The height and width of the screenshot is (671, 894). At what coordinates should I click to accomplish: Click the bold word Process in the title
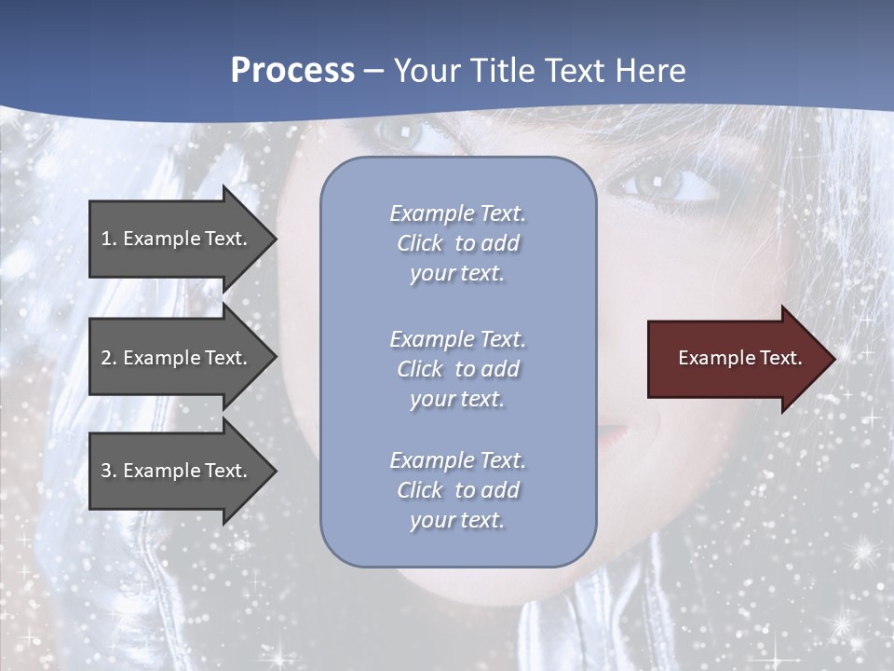[x=292, y=71]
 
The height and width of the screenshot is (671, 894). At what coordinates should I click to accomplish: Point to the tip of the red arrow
[x=833, y=358]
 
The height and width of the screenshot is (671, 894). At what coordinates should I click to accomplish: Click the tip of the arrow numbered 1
[x=275, y=239]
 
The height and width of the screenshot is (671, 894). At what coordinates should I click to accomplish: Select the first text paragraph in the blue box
[x=457, y=243]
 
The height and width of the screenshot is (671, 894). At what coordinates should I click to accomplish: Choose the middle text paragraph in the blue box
[x=457, y=369]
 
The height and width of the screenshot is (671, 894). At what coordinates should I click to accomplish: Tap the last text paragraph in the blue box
[x=457, y=490]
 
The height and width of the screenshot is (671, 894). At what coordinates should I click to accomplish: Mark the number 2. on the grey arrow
[x=109, y=358]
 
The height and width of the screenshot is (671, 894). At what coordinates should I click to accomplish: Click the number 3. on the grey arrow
[x=109, y=471]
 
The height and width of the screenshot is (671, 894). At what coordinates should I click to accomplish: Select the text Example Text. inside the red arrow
[x=740, y=358]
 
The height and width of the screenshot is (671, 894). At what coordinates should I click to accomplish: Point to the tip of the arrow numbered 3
[x=275, y=471]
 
